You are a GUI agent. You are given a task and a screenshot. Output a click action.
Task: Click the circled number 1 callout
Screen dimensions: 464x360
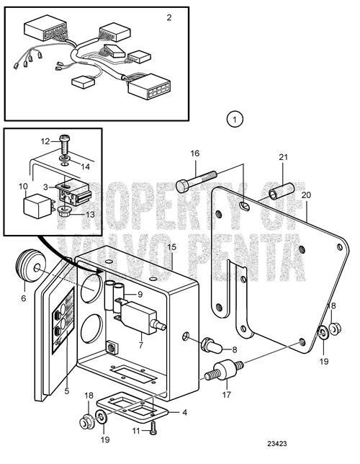[235, 117]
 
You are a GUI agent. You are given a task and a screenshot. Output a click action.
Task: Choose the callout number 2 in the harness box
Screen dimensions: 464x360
[168, 17]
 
